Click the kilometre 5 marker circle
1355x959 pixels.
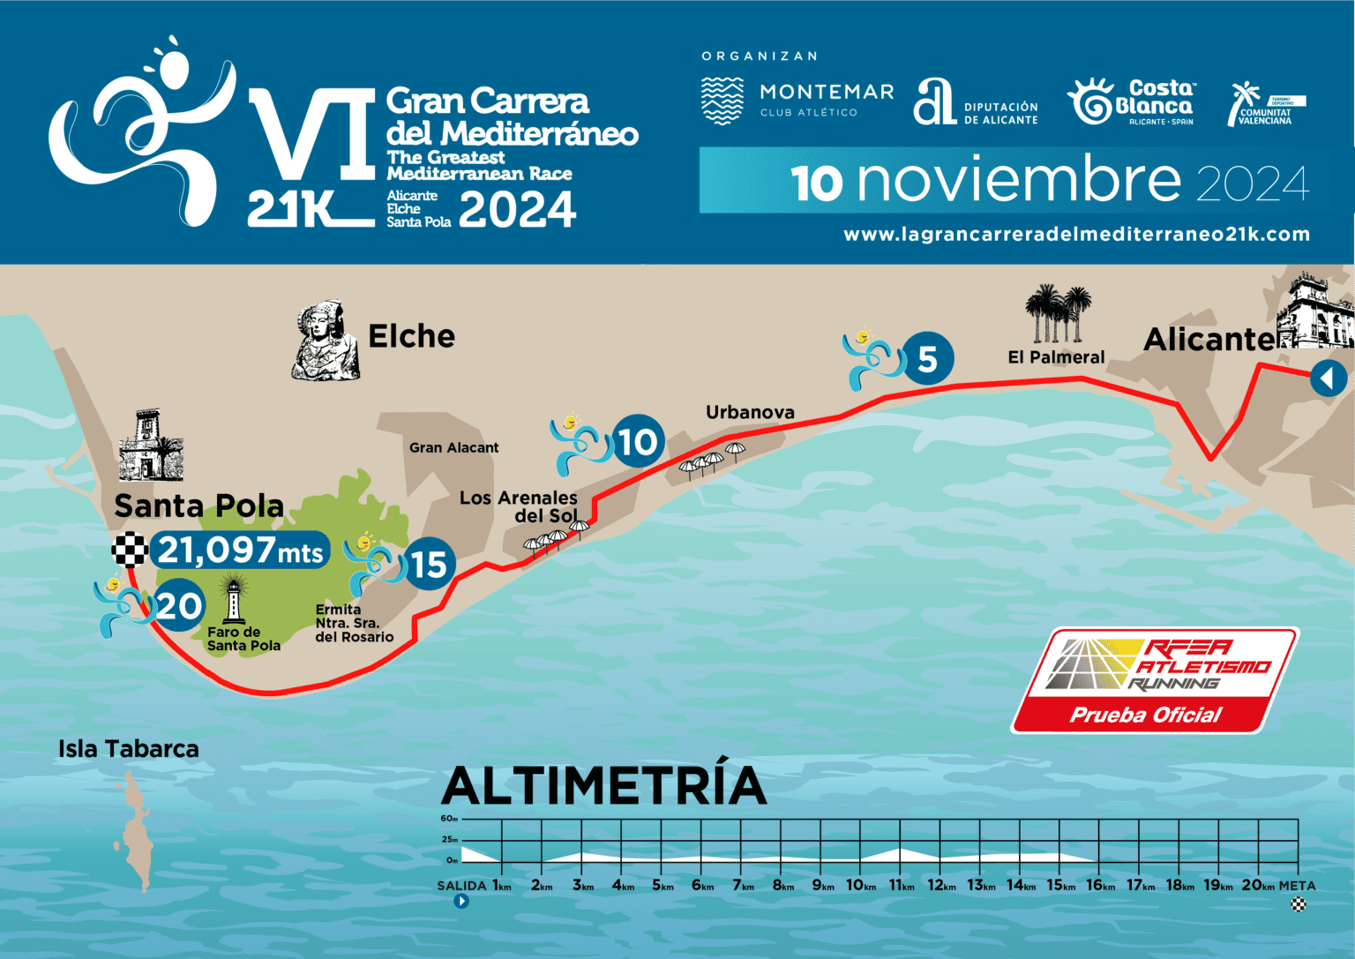point(927,358)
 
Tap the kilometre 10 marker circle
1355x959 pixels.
point(637,441)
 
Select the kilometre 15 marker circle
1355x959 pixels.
point(429,564)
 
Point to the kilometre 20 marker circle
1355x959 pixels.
point(180,606)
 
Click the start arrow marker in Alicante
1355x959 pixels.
point(1328,378)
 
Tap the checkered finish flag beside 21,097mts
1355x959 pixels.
point(130,550)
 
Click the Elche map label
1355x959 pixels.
point(411,336)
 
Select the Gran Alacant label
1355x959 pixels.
point(453,447)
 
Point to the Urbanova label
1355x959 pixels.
point(750,412)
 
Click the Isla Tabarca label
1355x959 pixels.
point(129,749)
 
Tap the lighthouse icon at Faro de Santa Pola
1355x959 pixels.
point(234,598)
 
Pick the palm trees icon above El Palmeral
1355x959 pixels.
point(1058,313)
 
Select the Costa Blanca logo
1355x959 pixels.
point(1132,101)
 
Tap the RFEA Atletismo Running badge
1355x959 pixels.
point(1155,680)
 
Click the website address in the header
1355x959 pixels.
point(1076,235)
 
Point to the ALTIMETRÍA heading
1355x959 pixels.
point(603,786)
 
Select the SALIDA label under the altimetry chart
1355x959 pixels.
point(461,886)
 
